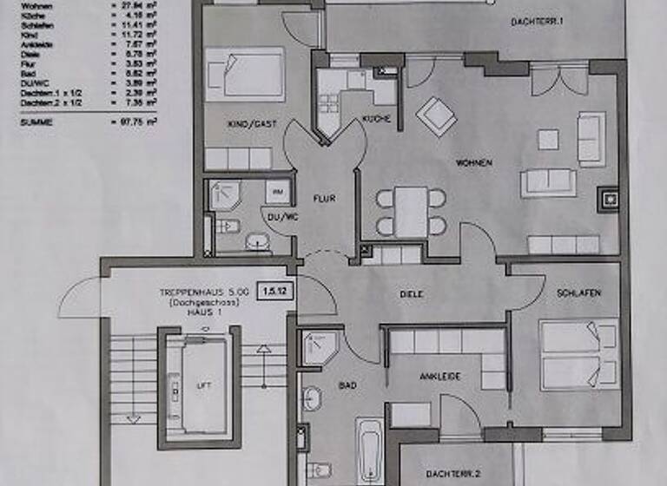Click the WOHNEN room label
click(x=475, y=162)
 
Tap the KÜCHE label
click(x=376, y=119)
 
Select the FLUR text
click(x=323, y=198)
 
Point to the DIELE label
click(x=412, y=294)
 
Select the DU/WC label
click(x=279, y=217)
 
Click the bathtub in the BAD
click(x=369, y=452)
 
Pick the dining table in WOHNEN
click(x=411, y=212)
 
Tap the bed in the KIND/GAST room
click(x=245, y=74)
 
